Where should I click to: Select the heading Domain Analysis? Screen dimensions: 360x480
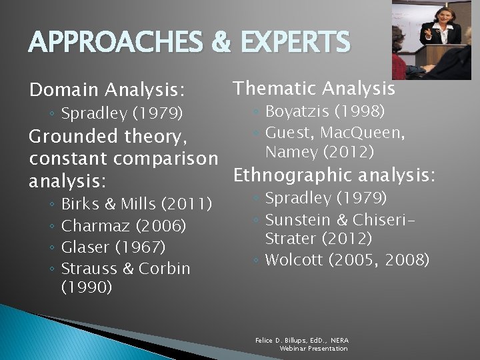click(x=107, y=89)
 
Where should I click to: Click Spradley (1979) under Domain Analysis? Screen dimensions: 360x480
click(x=121, y=114)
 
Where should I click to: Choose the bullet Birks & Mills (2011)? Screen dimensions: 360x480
click(x=136, y=203)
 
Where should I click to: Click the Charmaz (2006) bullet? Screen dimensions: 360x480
click(x=123, y=225)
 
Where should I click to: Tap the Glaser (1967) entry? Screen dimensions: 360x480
click(x=113, y=247)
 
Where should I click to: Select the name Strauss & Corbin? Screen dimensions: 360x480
click(x=125, y=269)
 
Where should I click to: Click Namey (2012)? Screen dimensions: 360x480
click(x=319, y=153)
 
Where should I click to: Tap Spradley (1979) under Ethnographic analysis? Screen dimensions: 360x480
click(x=326, y=198)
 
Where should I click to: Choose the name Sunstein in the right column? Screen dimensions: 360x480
click(x=296, y=219)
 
